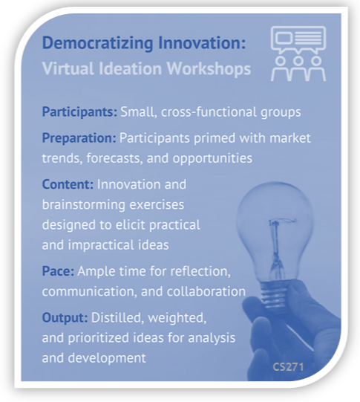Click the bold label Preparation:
[x=79, y=138]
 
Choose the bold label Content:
[x=67, y=184]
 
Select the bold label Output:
[x=65, y=319]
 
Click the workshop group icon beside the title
[x=298, y=53]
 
